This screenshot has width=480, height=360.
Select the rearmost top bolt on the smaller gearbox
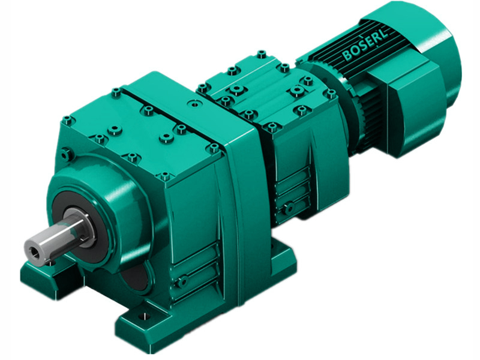click(x=262, y=55)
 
